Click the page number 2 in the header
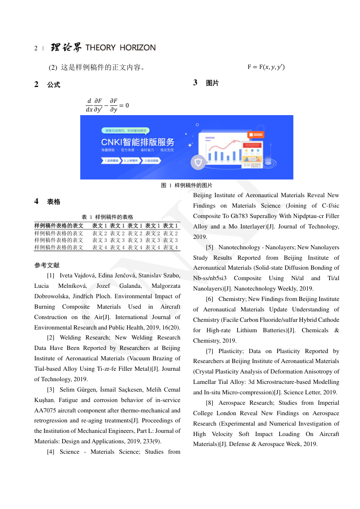click(x=36, y=48)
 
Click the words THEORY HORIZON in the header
click(x=120, y=48)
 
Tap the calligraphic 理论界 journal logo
click(x=66, y=48)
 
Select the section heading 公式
click(x=54, y=85)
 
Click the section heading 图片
click(x=212, y=83)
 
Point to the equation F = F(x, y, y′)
click(x=266, y=68)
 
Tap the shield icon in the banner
click(x=198, y=162)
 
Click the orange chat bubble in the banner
click(x=256, y=135)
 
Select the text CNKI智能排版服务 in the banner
click(x=137, y=141)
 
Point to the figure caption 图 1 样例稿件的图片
click(x=187, y=185)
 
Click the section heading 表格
click(x=54, y=202)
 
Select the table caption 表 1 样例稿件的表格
click(x=107, y=217)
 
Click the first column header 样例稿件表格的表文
click(x=59, y=225)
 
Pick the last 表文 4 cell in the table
click(x=170, y=247)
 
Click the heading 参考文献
click(x=47, y=265)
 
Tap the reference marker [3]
click(x=51, y=390)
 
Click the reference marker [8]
click(x=209, y=403)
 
